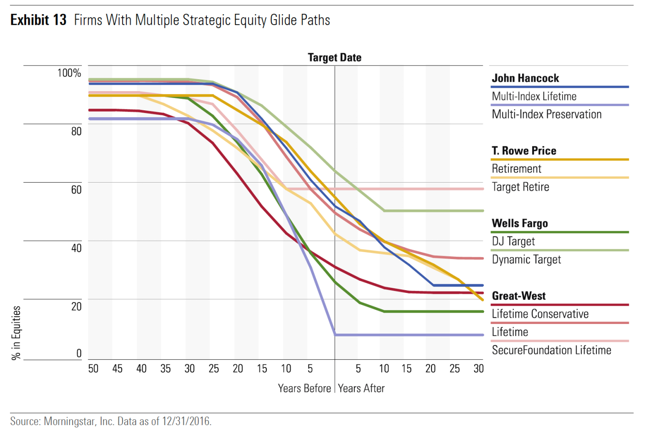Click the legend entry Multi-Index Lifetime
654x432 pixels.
534,97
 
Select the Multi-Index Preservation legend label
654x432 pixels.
546,114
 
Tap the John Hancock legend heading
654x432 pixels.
525,78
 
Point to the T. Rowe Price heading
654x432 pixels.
524,151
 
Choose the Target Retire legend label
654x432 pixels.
520,187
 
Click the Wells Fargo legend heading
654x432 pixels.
520,223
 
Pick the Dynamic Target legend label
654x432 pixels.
526,259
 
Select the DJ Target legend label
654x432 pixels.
513,241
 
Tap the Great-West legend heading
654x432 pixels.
519,296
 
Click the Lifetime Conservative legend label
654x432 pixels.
540,314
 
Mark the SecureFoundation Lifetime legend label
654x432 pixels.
551,350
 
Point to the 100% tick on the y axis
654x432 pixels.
69,73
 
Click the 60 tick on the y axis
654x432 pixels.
76,189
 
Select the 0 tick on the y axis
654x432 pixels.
79,353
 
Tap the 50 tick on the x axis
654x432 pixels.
93,369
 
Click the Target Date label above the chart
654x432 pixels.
335,58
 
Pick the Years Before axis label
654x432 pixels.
304,389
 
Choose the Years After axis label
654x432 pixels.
361,389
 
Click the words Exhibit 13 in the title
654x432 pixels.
38,20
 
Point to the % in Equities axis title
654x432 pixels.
16,333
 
